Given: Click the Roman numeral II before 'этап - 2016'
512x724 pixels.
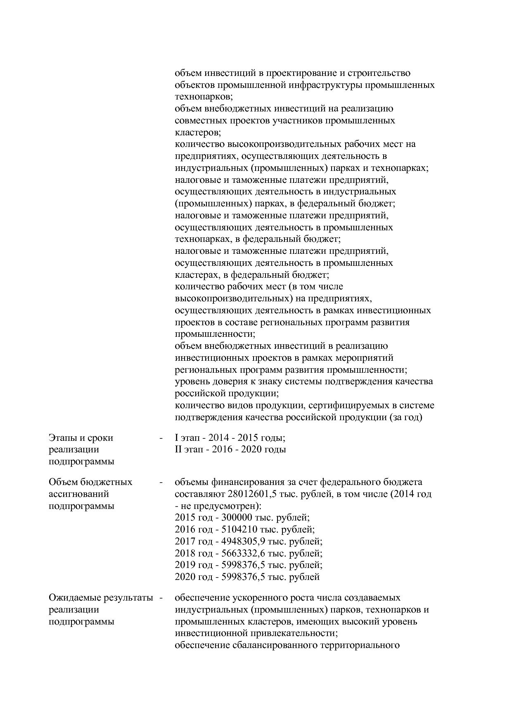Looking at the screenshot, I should click(x=178, y=450).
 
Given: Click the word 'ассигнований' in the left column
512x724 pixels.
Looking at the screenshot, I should click(x=78, y=494).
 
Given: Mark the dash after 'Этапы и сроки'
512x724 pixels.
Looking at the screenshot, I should click(x=161, y=438).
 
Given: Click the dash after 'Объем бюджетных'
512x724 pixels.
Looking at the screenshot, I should click(x=161, y=482).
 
